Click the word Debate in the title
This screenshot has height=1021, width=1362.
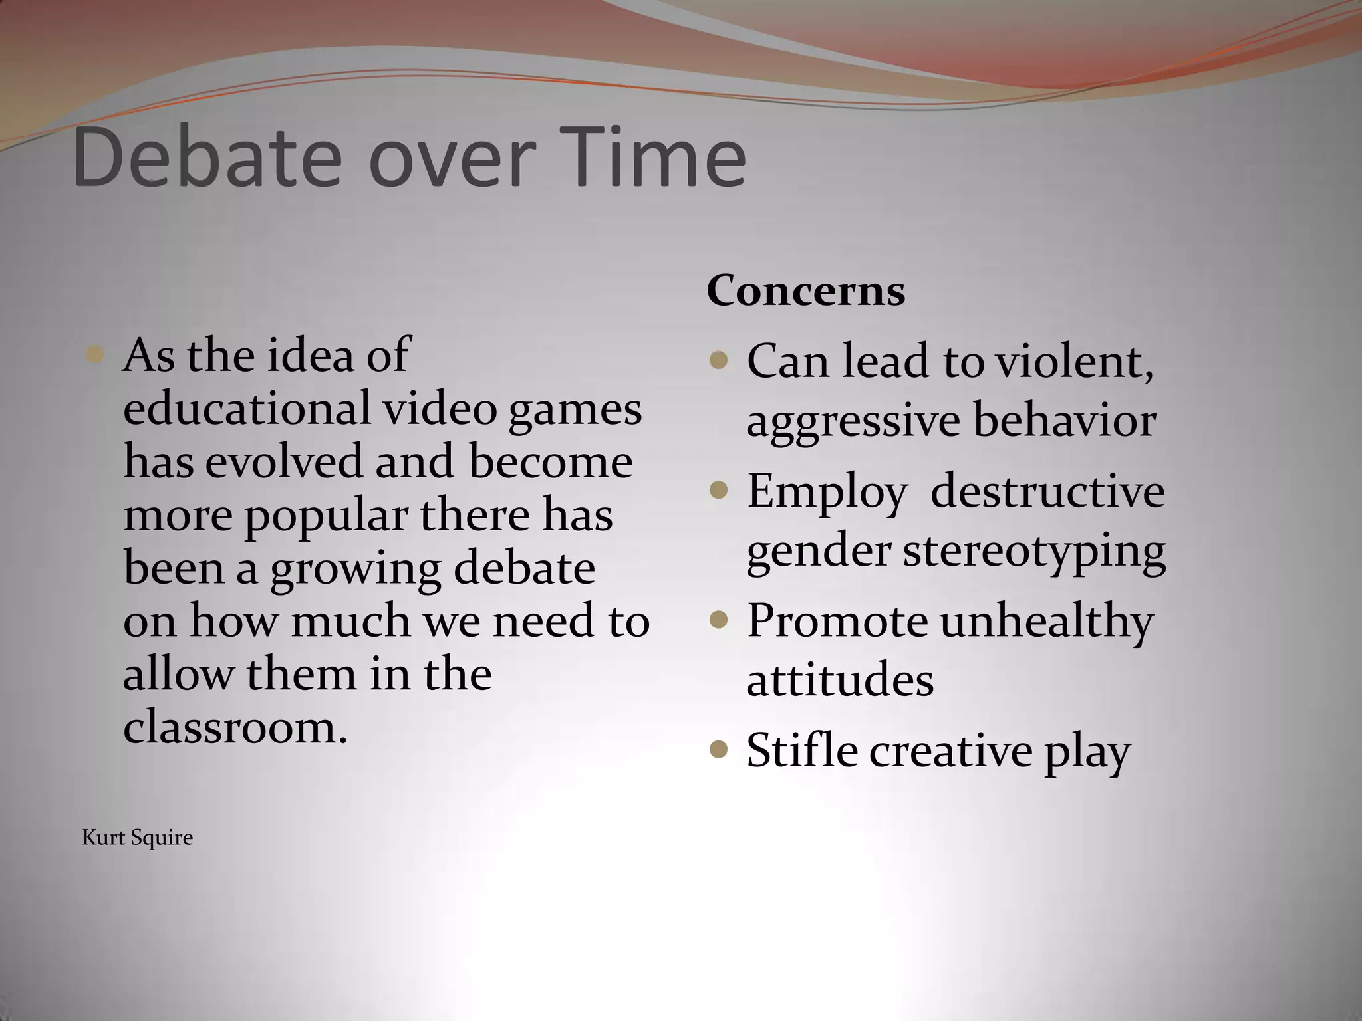pos(207,158)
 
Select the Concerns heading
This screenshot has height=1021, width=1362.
pos(805,290)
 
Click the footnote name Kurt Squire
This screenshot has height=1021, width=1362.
pos(138,838)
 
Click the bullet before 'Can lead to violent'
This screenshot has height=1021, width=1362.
pos(718,360)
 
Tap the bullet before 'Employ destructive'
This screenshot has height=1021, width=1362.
pos(718,491)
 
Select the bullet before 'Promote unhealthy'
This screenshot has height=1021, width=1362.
pos(718,620)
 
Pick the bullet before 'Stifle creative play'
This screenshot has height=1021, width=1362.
pos(718,750)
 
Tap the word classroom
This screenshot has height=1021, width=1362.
pos(235,727)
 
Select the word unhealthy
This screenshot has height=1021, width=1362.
pos(1047,621)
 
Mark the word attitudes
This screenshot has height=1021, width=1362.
pos(840,679)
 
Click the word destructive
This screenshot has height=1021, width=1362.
pos(1047,491)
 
